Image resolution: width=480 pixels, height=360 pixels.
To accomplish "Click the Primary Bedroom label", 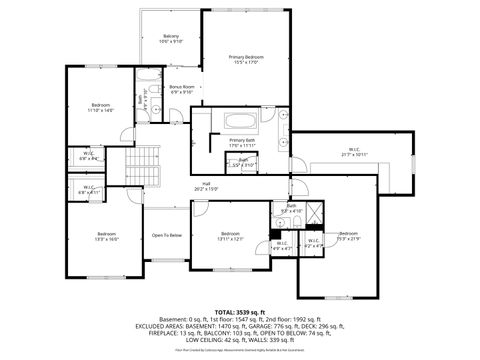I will coord(245,60).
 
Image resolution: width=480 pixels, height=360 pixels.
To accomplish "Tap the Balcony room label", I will coord(171,39).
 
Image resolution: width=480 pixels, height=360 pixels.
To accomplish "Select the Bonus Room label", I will coord(182,90).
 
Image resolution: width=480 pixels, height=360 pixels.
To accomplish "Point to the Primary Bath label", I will coord(242,143).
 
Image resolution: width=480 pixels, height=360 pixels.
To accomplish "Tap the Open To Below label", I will coord(166,235).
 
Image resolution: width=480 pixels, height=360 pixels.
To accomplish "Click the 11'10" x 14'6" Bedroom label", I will coord(101,108).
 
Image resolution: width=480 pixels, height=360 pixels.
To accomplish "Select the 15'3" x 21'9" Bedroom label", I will coord(348,235).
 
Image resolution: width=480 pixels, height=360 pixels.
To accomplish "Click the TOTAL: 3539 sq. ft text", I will coord(241,312).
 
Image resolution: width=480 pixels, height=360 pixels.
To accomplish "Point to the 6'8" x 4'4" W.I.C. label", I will coord(88,156).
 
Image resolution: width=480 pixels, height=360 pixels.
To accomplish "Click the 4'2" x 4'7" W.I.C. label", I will coord(312,241).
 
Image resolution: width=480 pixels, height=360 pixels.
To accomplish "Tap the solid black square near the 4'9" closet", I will coord(275,234).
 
